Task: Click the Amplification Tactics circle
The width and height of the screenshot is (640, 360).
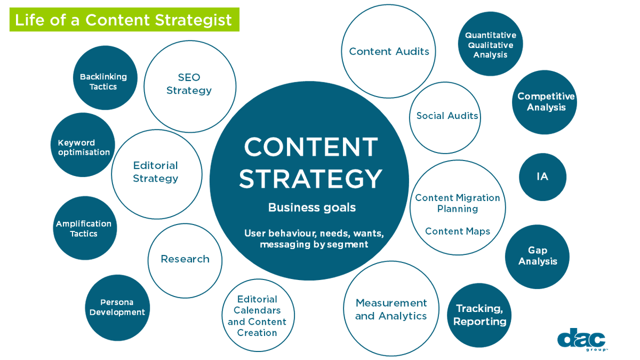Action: pyautogui.click(x=84, y=228)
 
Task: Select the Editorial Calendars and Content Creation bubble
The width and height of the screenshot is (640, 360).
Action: pyautogui.click(x=258, y=316)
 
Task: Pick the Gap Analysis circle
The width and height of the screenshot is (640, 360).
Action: pyautogui.click(x=537, y=257)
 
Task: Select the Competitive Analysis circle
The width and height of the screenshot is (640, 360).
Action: pyautogui.click(x=545, y=102)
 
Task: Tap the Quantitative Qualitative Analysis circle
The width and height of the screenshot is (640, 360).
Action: pyautogui.click(x=490, y=44)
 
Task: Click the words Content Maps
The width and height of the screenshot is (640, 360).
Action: pyautogui.click(x=457, y=231)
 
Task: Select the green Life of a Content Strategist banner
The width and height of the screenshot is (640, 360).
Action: pyautogui.click(x=124, y=20)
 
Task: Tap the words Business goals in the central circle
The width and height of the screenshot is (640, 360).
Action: pyautogui.click(x=311, y=207)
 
